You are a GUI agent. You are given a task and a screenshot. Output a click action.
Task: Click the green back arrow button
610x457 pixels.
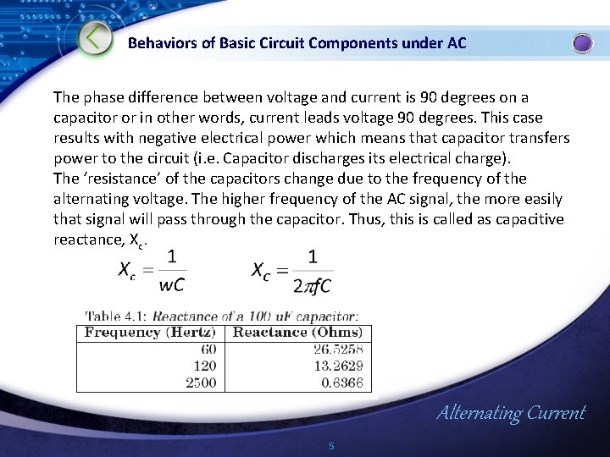(97, 39)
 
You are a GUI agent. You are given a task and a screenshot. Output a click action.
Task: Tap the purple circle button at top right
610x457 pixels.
(583, 43)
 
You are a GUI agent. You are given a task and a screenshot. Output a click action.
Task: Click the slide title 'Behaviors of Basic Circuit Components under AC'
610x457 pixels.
(297, 42)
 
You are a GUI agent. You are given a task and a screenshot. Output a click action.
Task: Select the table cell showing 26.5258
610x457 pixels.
(339, 350)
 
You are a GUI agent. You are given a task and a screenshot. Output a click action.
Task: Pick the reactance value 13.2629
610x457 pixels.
(339, 366)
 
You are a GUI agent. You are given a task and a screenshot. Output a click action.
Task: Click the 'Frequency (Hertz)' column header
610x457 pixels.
(149, 333)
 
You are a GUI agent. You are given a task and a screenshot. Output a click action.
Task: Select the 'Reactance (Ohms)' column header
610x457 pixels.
(297, 333)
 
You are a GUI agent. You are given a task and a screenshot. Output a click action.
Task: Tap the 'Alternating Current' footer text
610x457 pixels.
(510, 413)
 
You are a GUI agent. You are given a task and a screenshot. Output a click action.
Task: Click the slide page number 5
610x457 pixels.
(331, 446)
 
